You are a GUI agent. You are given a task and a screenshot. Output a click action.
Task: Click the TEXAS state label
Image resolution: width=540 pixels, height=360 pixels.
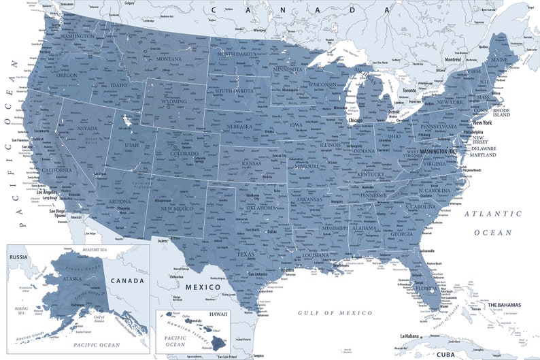click(245, 255)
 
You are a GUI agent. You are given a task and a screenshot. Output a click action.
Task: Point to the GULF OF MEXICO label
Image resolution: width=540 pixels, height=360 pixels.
click(335, 312)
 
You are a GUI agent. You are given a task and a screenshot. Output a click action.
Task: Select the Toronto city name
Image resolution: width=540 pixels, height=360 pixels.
click(409, 91)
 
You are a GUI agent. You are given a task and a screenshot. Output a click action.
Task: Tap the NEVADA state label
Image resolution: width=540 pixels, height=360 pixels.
click(86, 128)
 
